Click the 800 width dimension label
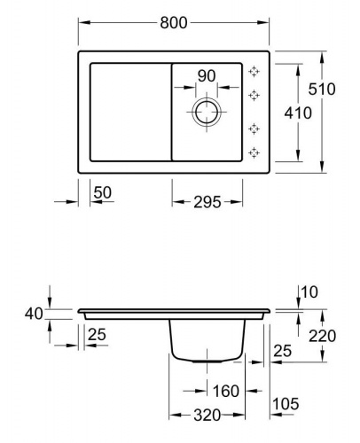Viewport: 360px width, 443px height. click(174, 23)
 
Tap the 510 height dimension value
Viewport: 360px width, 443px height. click(322, 89)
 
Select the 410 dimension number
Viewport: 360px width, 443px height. click(298, 113)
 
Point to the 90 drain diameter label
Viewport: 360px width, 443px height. click(207, 76)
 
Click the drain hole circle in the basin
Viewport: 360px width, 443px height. click(207, 100)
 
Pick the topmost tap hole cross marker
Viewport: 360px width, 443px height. click(254, 72)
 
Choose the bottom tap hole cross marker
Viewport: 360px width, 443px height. click(254, 152)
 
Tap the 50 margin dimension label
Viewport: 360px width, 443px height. click(103, 192)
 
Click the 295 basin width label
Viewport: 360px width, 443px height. click(207, 202)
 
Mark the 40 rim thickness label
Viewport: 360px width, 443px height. click(34, 314)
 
